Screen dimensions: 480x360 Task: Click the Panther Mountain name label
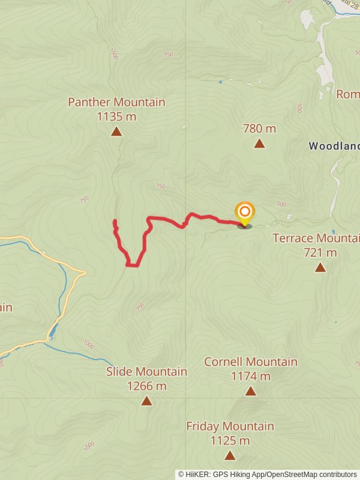pos(116,102)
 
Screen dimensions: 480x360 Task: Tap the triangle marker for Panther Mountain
pos(116,131)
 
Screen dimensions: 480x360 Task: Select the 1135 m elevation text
pos(116,116)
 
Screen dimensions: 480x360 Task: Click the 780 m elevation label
pos(259,128)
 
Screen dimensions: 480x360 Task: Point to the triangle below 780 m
pos(259,143)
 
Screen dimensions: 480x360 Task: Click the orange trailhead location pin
pos(245,213)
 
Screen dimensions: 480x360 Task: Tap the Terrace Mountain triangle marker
pos(320,268)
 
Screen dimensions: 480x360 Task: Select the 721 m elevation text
pos(320,253)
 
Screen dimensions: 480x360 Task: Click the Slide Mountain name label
pos(146,372)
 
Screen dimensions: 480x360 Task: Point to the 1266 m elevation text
pos(146,386)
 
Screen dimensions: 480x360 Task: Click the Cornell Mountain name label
pos(250,362)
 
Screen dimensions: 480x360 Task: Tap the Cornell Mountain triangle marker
pos(250,391)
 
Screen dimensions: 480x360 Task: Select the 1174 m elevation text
pos(250,376)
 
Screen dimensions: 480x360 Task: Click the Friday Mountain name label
pos(230,427)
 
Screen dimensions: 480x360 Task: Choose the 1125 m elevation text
pos(230,441)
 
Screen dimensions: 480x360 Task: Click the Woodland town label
pos(334,146)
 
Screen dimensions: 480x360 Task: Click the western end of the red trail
pos(115,222)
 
